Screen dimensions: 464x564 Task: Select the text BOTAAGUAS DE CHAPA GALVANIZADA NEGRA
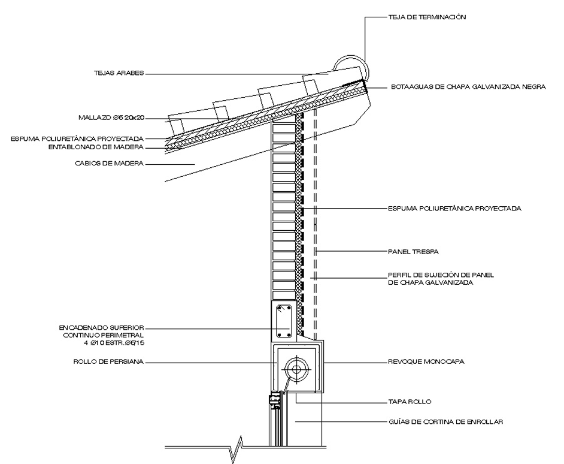coord(468,86)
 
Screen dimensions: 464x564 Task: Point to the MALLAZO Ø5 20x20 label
coord(112,117)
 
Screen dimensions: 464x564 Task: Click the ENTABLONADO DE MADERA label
coord(97,147)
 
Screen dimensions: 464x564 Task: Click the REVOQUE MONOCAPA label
coord(426,362)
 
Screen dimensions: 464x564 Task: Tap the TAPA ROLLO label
coord(410,401)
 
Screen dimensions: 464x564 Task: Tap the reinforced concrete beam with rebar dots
coord(283,321)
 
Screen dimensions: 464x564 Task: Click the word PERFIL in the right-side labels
coord(399,275)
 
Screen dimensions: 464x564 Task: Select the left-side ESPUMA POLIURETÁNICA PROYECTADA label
coord(77,138)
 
